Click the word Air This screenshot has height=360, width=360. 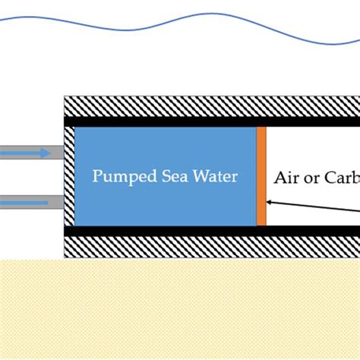[x=287, y=178]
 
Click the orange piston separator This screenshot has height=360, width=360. [x=261, y=175]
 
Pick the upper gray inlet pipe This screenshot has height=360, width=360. [x=30, y=153]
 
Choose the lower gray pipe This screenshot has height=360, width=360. [x=30, y=202]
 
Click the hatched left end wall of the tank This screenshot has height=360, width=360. [x=69, y=175]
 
